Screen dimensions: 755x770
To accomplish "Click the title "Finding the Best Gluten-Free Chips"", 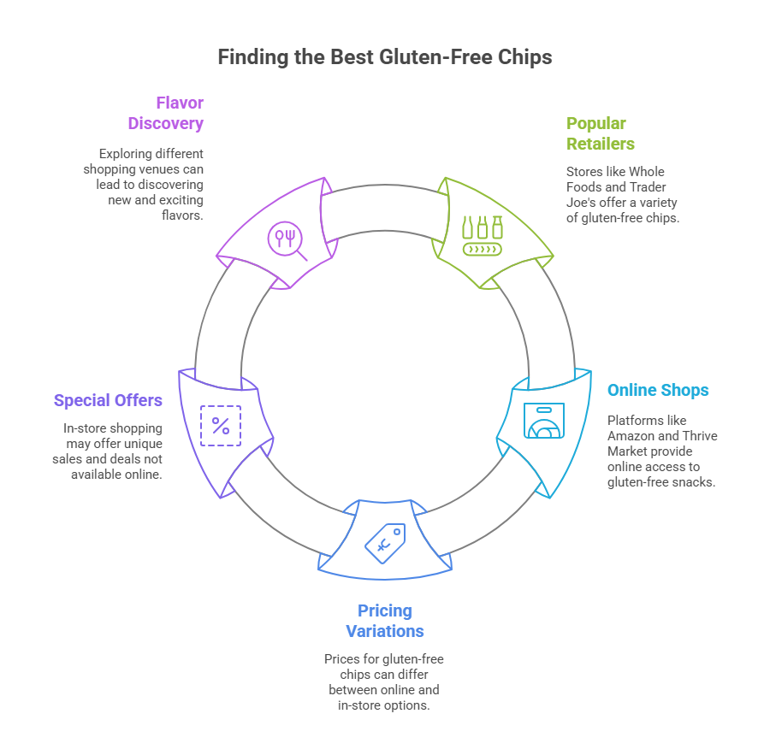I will (x=384, y=57).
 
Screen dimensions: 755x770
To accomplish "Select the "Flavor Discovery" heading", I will (x=166, y=113).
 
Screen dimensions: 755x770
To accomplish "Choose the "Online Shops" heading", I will (x=658, y=390).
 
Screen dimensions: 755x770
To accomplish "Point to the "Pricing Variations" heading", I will (x=385, y=621).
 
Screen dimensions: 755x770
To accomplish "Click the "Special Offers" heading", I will (x=108, y=400).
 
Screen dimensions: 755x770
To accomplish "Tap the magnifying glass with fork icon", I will (x=286, y=239).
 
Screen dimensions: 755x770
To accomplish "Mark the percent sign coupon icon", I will (x=221, y=426).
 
